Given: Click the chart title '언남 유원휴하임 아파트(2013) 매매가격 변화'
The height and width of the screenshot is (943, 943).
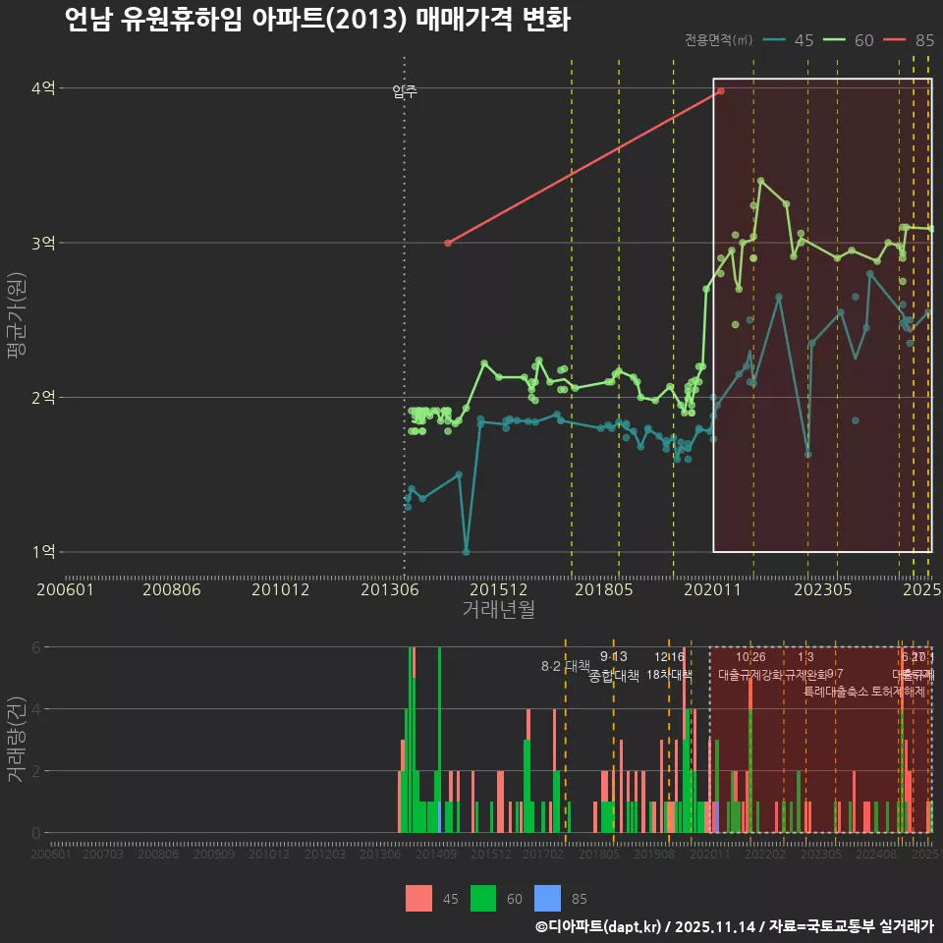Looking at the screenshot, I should point(316,20).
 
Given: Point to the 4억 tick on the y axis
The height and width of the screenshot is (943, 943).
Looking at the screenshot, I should point(43,88).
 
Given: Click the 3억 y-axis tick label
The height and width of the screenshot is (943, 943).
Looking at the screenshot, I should point(43,243).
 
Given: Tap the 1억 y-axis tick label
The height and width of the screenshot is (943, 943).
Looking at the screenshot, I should point(43,551).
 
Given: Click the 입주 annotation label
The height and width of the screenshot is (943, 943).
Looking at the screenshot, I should point(405,91).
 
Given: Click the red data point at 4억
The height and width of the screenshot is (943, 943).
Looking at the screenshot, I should point(720,90).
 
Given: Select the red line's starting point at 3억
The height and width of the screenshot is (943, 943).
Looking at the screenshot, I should point(447,243).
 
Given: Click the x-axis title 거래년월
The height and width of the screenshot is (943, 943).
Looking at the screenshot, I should point(498,609).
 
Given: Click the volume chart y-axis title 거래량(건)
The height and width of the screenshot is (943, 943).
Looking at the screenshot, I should point(16,739).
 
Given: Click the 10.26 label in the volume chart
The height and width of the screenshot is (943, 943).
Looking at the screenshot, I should point(750,657).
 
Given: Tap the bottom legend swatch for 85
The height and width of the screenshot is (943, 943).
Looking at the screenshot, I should point(547,898).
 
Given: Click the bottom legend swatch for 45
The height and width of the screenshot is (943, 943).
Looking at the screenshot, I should point(418,898).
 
